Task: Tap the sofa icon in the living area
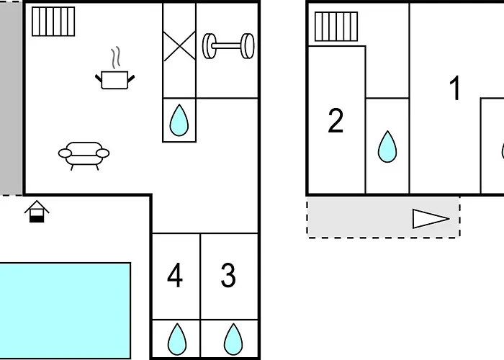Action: (x=84, y=154)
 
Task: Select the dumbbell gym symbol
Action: (x=228, y=45)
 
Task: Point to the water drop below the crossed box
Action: (x=179, y=120)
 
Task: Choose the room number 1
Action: (x=454, y=89)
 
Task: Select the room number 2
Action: (x=336, y=122)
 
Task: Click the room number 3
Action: (x=228, y=276)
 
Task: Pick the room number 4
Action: (x=175, y=276)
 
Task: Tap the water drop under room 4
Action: (x=176, y=339)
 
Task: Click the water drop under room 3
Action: (x=232, y=339)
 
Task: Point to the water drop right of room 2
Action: (x=387, y=147)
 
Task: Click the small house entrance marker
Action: (x=37, y=212)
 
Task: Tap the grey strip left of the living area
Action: (x=11, y=97)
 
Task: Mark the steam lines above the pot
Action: (x=115, y=58)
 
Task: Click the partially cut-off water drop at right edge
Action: (x=501, y=150)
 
